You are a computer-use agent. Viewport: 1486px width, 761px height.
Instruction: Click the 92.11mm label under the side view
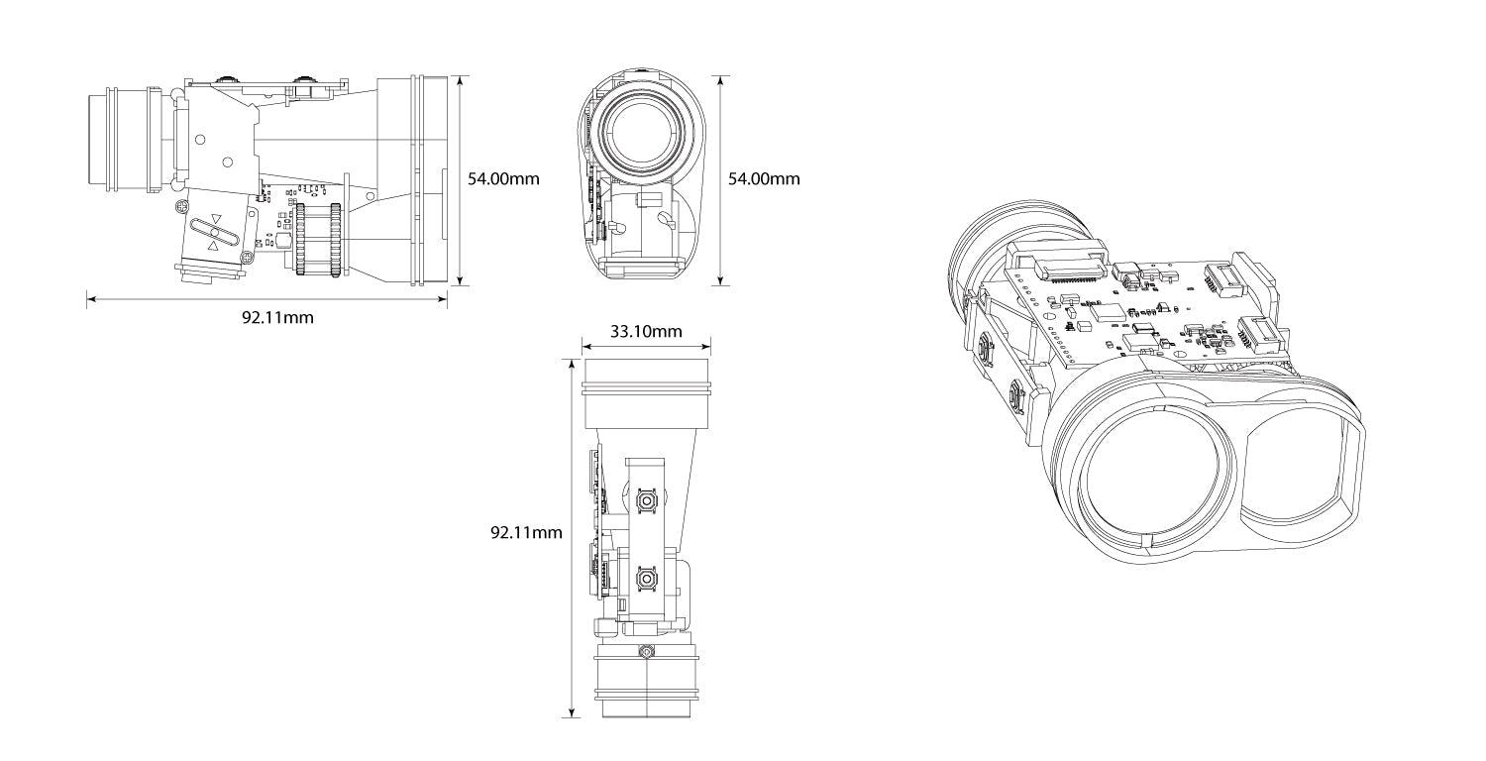[x=277, y=317]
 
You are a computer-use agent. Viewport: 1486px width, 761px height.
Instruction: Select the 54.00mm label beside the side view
[x=503, y=178]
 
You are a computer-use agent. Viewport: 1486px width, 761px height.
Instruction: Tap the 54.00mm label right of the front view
[x=764, y=178]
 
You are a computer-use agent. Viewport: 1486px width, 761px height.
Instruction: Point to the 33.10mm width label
[x=646, y=331]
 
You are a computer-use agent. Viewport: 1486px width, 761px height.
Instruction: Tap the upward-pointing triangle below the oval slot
[x=212, y=245]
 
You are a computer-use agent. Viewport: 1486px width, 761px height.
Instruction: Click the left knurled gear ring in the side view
[x=300, y=239]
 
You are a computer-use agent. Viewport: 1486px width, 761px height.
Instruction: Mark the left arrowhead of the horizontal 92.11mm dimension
[x=90, y=296]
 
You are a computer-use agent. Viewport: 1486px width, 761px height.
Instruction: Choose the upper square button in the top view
[x=646, y=501]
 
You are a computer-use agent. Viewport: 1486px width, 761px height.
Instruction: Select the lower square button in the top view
[x=646, y=578]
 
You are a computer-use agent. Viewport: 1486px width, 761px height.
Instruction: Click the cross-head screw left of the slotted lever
[x=181, y=206]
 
